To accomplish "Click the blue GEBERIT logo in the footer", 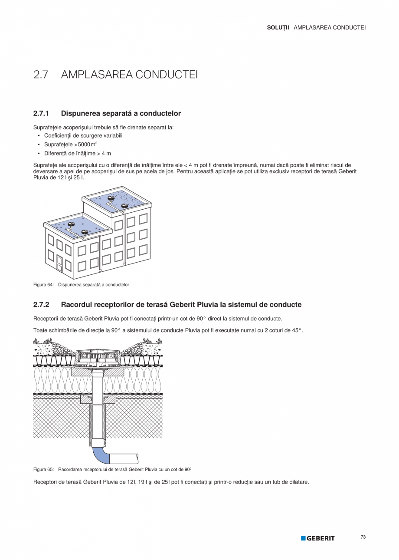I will pos(318,538).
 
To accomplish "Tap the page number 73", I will pos(363,537).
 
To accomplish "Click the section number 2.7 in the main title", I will pos(40,75).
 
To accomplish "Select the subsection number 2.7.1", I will pos(41,114).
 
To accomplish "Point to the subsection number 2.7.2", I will pos(41,305).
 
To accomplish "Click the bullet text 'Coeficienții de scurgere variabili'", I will pos(83,135).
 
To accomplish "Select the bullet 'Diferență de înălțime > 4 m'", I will pos(78,153).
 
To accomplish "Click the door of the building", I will pos(59,263).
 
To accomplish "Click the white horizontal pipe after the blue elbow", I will pos(124,458).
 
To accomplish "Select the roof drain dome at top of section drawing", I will pos(98,350).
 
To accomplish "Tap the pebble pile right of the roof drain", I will pos(139,348).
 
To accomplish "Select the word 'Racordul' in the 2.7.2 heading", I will pos(75,305).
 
